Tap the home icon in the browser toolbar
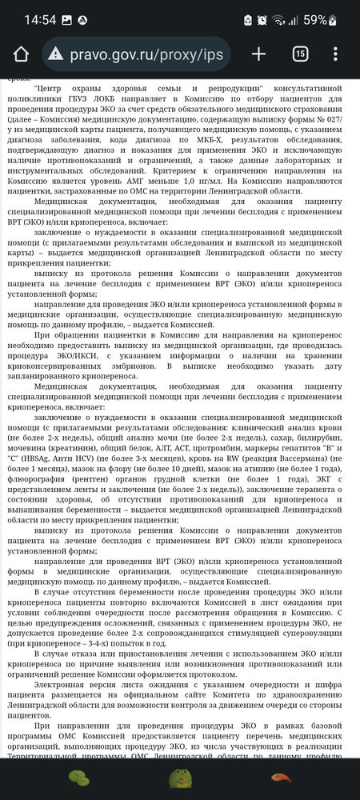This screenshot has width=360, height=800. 22,54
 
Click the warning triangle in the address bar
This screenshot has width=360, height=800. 55,54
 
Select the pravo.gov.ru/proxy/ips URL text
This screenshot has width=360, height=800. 147,54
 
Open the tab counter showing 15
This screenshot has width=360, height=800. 300,54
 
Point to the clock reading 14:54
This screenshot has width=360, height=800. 30,18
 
